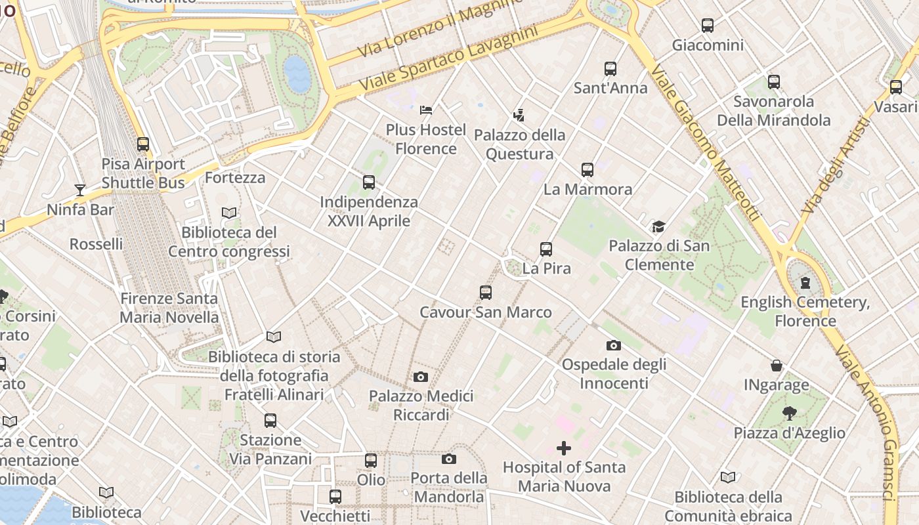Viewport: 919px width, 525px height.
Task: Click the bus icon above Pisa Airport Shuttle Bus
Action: point(143,144)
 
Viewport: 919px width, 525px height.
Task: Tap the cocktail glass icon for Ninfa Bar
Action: point(80,190)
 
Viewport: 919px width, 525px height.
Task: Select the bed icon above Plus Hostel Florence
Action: point(426,110)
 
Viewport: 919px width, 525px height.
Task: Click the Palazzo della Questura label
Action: point(519,144)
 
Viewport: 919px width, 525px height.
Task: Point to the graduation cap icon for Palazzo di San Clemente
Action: point(658,227)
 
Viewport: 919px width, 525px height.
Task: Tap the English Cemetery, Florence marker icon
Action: point(805,283)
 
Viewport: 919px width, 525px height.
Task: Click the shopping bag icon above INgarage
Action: point(777,366)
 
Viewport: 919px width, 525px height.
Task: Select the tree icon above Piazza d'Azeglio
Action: point(789,413)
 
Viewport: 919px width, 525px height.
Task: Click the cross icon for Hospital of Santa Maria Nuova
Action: point(564,448)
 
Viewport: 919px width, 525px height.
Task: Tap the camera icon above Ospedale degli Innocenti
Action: point(614,345)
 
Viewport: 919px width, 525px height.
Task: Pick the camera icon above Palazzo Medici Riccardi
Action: point(421,377)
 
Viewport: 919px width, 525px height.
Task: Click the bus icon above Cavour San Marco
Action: point(486,293)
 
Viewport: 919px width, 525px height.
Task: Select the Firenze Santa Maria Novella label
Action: point(169,308)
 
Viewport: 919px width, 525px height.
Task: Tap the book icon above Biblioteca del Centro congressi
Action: point(228,213)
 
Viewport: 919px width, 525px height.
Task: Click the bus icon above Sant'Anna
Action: point(610,68)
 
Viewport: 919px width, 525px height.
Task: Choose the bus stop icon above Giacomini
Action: point(708,26)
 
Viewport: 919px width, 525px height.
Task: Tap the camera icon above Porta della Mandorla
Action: point(449,459)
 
